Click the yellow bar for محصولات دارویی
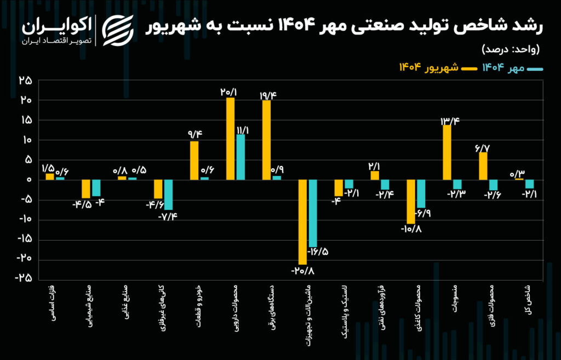[231, 139]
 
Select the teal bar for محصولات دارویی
[241, 157]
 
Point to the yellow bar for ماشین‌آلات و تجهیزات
[303, 221]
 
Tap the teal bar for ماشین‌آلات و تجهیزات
[313, 213]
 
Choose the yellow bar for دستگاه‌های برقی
[267, 140]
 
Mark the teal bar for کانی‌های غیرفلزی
[168, 195]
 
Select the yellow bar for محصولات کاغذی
[411, 201]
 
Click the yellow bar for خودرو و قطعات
[194, 160]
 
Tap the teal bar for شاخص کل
[529, 184]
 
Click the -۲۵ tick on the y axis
[24, 278]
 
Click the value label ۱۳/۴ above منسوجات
[450, 121]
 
